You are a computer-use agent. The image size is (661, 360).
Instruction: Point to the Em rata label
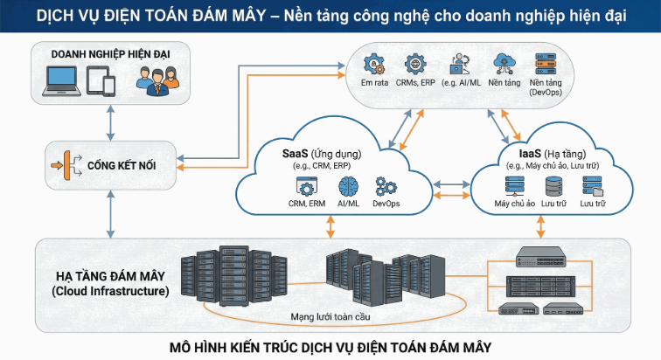(x=375, y=84)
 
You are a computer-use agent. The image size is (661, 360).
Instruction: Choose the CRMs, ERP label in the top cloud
(x=414, y=84)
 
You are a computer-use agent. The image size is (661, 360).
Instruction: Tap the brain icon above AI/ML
(x=349, y=186)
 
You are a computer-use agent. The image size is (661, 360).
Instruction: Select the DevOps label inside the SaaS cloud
(x=386, y=204)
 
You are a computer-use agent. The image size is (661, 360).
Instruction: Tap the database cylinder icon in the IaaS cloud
(x=553, y=185)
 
